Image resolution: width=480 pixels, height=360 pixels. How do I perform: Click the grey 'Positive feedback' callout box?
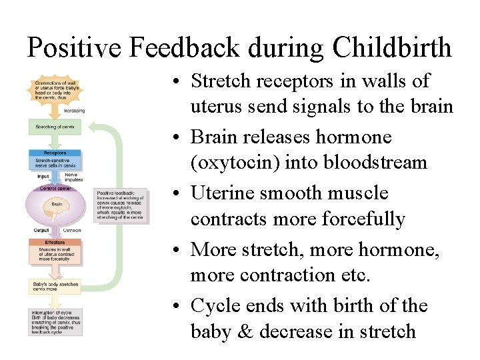click(x=121, y=205)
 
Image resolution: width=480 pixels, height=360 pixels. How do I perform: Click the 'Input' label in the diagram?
click(x=43, y=177)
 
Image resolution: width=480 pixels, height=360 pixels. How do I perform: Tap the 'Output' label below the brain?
click(x=42, y=231)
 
